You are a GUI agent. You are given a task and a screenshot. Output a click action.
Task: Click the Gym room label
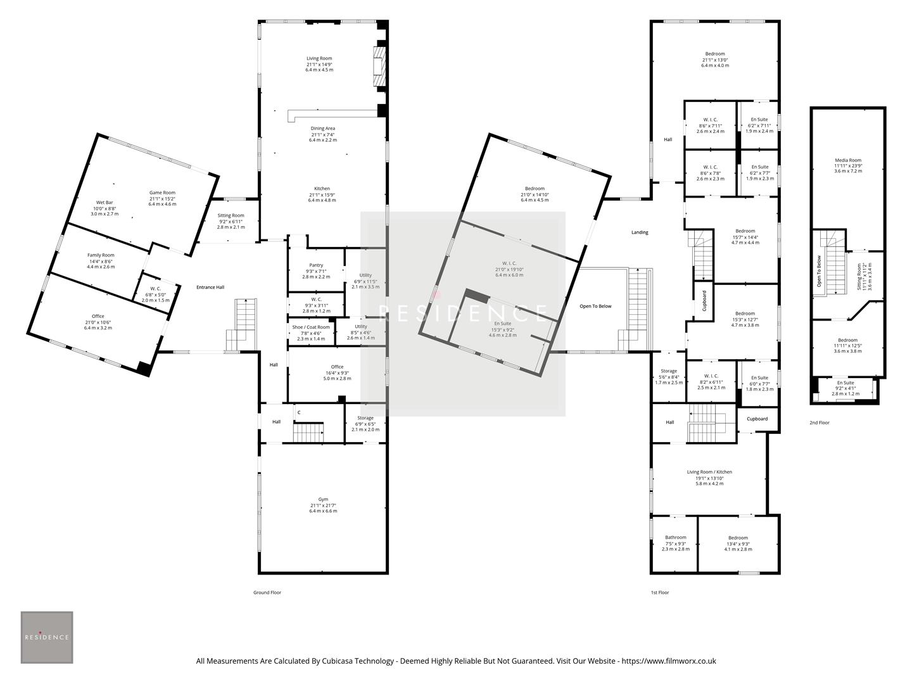[323, 499]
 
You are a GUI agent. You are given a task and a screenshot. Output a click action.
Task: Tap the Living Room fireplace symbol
[379, 66]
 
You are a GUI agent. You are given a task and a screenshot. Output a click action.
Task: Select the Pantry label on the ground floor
[316, 265]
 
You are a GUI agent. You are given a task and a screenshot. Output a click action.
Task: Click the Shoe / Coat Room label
[310, 327]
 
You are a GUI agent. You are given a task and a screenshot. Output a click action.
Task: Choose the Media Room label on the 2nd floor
[847, 161]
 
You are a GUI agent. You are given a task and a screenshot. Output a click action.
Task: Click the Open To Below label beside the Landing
[595, 307]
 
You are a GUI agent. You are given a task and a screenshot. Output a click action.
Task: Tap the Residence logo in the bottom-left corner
[47, 637]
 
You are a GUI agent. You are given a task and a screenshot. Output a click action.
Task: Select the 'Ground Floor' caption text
[267, 593]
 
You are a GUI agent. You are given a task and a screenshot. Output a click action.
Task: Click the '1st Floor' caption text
[659, 593]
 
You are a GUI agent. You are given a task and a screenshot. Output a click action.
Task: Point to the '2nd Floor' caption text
[819, 422]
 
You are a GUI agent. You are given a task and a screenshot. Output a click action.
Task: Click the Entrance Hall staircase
[243, 323]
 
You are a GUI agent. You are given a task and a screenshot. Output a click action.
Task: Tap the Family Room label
[101, 255]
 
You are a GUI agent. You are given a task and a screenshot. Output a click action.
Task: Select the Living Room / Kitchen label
[709, 472]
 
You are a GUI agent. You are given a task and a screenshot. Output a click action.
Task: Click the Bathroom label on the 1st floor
[675, 538]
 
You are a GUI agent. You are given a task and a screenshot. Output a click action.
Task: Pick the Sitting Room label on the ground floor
[231, 215]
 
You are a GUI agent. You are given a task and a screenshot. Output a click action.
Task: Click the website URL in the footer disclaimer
[669, 661]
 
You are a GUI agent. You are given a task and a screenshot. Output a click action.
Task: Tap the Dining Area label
[323, 129]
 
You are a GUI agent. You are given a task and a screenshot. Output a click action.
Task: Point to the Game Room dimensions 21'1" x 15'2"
[162, 198]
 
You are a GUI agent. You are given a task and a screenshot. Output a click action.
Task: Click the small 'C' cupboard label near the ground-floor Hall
[299, 413]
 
